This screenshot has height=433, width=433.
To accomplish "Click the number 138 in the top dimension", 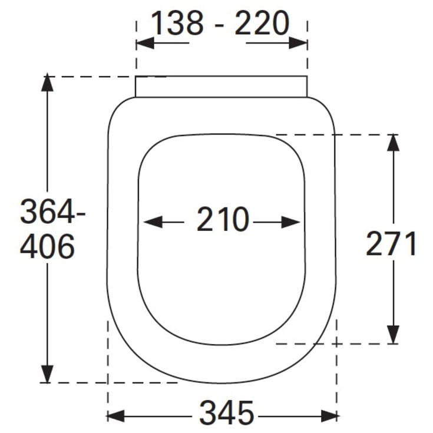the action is (x=177, y=23).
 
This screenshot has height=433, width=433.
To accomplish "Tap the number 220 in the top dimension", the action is (x=262, y=23).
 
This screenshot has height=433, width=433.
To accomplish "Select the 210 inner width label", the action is (x=223, y=219).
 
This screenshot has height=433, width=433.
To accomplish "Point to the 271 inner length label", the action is (x=391, y=243).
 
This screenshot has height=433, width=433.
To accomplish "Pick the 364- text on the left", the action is (x=52, y=211).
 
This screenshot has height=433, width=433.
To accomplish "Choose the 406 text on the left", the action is (x=47, y=246).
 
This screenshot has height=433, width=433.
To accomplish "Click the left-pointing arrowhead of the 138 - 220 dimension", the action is (x=145, y=43).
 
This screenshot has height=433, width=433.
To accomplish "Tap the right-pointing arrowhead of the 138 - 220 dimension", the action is (x=298, y=43).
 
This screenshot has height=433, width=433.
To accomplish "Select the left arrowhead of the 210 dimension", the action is (x=153, y=222).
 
